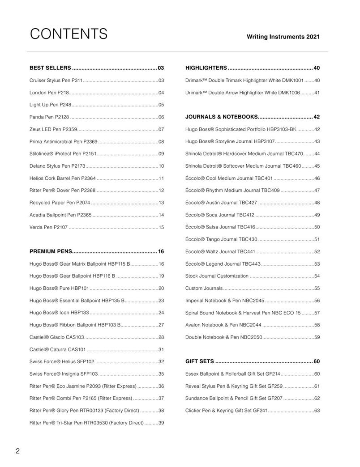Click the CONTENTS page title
69,34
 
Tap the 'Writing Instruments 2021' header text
283,37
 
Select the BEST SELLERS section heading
50,68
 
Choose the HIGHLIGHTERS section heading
206,68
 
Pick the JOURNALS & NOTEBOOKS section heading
221,117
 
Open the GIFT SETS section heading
199,361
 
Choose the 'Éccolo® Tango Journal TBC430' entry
221,239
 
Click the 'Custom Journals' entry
204,289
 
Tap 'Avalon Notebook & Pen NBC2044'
223,325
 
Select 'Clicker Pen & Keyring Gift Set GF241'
226,411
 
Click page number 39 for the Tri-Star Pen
161,423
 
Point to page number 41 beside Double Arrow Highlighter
317,93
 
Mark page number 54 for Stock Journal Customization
317,276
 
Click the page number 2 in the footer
17,451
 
